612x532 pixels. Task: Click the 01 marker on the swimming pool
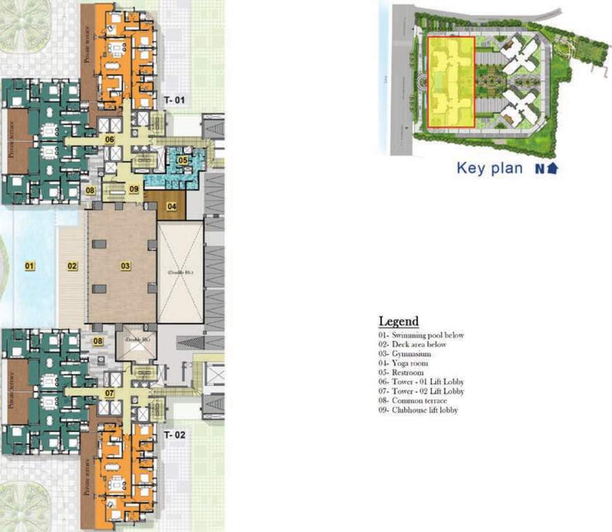(29, 265)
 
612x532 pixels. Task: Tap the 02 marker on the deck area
(72, 265)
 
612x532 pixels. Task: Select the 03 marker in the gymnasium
(125, 265)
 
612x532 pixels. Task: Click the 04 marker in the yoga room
(171, 206)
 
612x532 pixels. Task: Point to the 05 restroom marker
(182, 161)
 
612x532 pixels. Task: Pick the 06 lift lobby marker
(110, 139)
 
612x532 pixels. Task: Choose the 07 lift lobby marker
(110, 393)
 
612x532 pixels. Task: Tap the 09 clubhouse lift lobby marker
(134, 188)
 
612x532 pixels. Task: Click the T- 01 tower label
(175, 101)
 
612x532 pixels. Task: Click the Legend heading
(399, 321)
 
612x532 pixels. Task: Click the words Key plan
(489, 168)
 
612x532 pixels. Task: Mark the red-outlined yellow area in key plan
(451, 81)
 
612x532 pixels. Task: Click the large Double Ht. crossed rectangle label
(180, 273)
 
